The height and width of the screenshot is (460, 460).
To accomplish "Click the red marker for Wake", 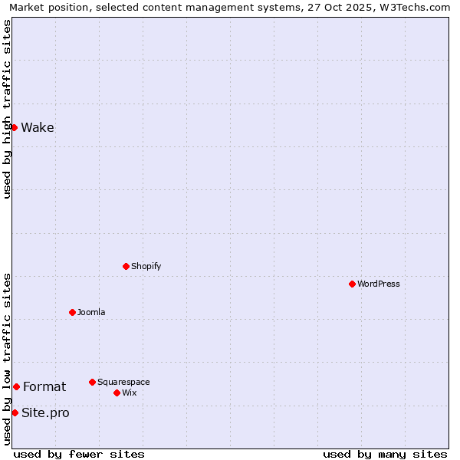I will pyautogui.click(x=14, y=127).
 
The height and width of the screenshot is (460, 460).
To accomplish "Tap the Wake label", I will pyautogui.click(x=38, y=128).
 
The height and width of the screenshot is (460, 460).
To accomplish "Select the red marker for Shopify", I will pyautogui.click(x=126, y=266).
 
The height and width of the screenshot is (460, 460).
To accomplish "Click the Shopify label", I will pyautogui.click(x=146, y=267).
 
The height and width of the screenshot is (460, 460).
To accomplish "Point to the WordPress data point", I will pyautogui.click(x=352, y=284).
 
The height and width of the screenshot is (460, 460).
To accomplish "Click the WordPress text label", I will pyautogui.click(x=378, y=284).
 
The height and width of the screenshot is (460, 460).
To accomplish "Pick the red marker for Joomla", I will pyautogui.click(x=72, y=312).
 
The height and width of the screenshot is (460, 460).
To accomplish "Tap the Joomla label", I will pyautogui.click(x=91, y=313).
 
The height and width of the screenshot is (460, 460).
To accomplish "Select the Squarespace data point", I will pyautogui.click(x=92, y=382).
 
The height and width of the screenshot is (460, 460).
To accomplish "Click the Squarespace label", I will pyautogui.click(x=123, y=383).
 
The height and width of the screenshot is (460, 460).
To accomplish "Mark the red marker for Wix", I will pyautogui.click(x=117, y=393).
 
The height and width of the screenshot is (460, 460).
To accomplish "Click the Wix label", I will pyautogui.click(x=129, y=393).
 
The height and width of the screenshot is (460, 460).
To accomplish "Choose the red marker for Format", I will pyautogui.click(x=16, y=386).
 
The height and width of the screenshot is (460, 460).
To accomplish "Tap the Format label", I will pyautogui.click(x=44, y=387).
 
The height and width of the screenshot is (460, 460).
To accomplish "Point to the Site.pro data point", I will pyautogui.click(x=15, y=412).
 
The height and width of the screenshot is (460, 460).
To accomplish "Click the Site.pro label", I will pyautogui.click(x=45, y=413).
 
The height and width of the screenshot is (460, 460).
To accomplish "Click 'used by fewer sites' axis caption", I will pyautogui.click(x=79, y=454).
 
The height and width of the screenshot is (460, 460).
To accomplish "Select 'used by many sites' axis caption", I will pyautogui.click(x=385, y=454).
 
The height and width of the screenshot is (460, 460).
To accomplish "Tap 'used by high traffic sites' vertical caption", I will pyautogui.click(x=7, y=109).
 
